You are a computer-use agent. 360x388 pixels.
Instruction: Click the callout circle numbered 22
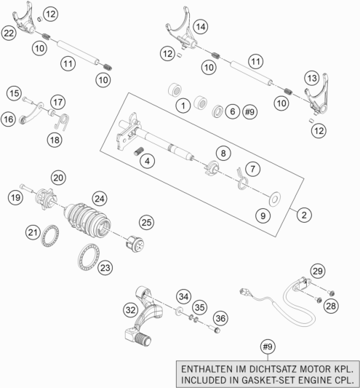click(x=9, y=33)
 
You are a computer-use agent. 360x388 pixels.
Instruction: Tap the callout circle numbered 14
click(x=201, y=26)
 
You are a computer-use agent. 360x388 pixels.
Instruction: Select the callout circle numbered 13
click(x=312, y=78)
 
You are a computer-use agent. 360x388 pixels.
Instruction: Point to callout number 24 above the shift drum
click(x=100, y=199)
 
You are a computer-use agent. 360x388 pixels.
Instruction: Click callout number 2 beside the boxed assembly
click(x=304, y=215)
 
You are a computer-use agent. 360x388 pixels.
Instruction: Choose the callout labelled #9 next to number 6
click(x=249, y=112)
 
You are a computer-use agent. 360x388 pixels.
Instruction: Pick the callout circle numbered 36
click(x=220, y=318)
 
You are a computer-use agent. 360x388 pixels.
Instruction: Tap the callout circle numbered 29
click(x=318, y=271)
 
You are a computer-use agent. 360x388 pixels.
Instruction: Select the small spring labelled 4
click(x=139, y=151)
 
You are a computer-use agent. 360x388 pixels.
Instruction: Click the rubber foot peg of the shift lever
click(x=143, y=338)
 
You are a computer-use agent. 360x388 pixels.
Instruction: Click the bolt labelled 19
click(x=27, y=188)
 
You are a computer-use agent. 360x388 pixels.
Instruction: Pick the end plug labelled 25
click(x=135, y=244)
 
